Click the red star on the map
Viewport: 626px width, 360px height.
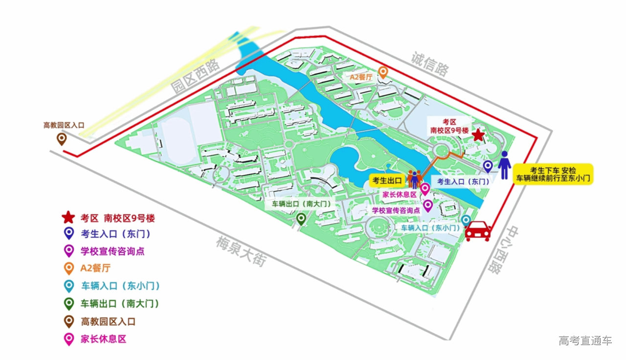coord(478,135)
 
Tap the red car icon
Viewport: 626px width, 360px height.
coord(478,230)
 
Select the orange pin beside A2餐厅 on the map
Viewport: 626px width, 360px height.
coord(384,73)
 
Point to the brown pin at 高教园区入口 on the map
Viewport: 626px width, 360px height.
coord(62,139)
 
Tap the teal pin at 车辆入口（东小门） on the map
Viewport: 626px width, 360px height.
coord(466,221)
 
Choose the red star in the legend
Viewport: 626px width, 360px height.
coord(68,217)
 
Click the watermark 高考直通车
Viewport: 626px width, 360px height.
coord(585,340)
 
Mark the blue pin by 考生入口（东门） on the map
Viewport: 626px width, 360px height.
coord(488,166)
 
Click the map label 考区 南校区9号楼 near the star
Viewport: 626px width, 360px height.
coord(449,126)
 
